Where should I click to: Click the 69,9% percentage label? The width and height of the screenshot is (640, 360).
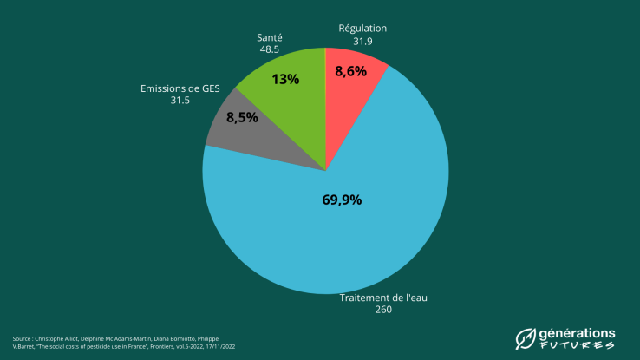[342, 200]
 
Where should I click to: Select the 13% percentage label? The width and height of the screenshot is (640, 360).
[285, 79]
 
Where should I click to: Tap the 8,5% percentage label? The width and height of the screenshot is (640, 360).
[242, 117]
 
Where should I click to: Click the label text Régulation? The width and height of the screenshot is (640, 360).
[362, 29]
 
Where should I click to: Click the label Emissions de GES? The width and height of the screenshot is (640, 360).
[180, 88]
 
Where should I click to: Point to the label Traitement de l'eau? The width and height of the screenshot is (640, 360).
[384, 298]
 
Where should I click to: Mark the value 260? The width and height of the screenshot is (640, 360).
[384, 310]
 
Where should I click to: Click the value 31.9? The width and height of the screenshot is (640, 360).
[362, 40]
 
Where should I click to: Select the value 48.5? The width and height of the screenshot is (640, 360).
[269, 50]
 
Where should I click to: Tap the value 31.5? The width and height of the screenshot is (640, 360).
[180, 101]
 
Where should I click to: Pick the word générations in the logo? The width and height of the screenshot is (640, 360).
[578, 332]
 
